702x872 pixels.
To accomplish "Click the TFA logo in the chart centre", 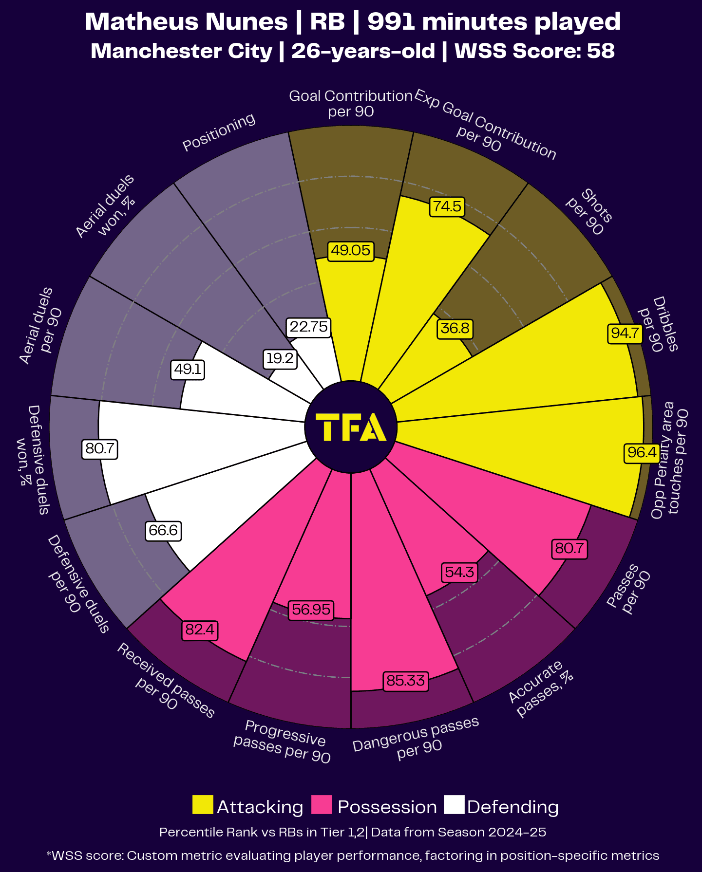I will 351,427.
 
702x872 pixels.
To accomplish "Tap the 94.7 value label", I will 625,334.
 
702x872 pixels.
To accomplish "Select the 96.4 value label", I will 642,453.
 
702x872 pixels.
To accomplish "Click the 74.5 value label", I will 447,206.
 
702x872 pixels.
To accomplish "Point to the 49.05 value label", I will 351,251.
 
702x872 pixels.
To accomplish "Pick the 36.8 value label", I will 455,329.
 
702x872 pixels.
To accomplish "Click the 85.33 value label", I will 405,680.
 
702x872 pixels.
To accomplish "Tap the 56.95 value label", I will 311,610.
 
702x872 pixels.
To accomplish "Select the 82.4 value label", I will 200,630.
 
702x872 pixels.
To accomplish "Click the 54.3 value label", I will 459,572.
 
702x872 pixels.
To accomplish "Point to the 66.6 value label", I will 163,530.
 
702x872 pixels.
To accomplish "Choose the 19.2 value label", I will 280,359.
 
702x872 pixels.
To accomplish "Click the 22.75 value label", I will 309,327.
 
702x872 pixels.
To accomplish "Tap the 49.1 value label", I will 188,370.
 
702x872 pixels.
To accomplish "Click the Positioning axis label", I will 219,132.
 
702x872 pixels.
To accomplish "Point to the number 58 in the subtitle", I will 601,51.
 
